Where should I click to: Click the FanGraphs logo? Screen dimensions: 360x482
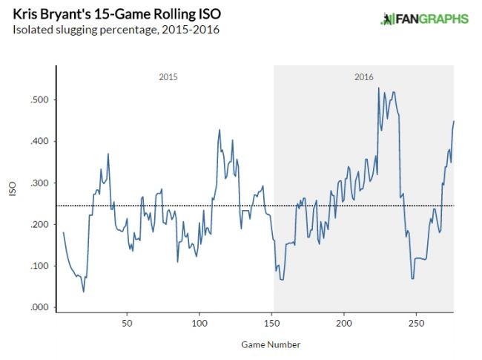point(424,19)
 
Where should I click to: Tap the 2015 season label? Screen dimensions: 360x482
point(168,77)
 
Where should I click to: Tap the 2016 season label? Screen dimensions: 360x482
point(364,77)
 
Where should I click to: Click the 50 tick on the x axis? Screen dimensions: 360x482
point(127,324)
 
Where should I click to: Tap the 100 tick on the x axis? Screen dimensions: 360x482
point(199,324)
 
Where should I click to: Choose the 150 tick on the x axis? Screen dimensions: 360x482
point(272,324)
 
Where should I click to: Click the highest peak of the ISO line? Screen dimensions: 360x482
point(378,88)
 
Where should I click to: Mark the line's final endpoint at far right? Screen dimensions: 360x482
point(454,121)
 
